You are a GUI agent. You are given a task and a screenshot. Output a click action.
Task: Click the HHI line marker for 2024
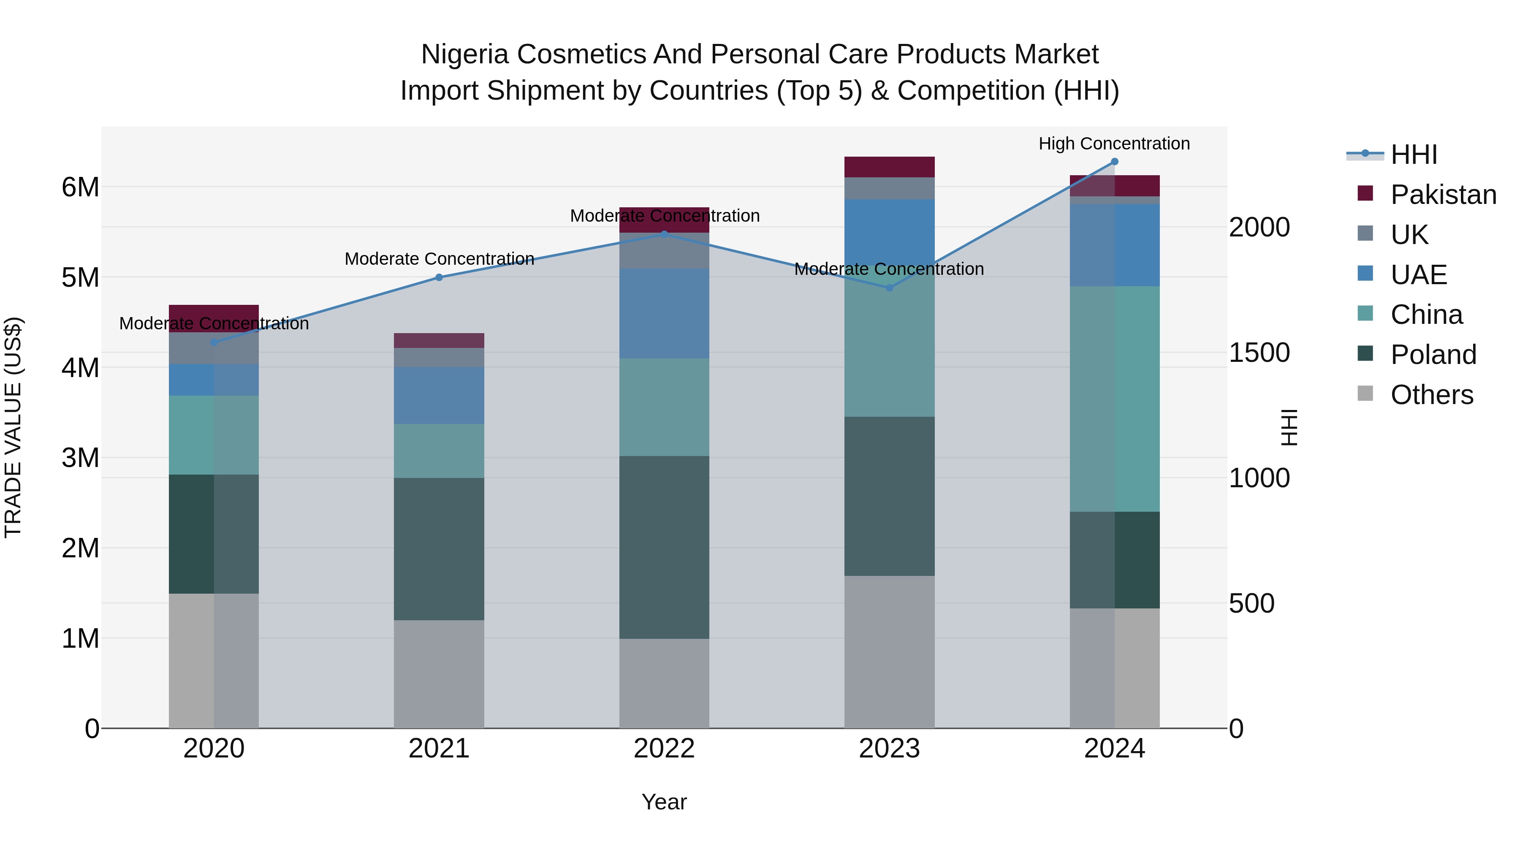click(1114, 162)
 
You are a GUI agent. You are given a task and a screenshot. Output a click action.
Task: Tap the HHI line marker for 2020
click(214, 342)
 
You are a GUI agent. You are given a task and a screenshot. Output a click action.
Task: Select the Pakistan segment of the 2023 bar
click(889, 167)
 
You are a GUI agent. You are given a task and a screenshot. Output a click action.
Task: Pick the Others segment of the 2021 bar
click(439, 674)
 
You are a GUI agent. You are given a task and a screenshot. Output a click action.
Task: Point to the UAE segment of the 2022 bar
click(664, 313)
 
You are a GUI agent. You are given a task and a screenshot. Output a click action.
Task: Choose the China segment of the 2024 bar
click(1114, 399)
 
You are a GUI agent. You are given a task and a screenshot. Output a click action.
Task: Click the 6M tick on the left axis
click(80, 187)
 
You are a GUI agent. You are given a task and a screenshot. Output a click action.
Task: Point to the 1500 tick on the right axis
click(1259, 353)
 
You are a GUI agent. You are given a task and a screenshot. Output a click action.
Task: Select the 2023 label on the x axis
click(889, 749)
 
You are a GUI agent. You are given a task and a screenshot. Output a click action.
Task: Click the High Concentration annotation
click(1114, 144)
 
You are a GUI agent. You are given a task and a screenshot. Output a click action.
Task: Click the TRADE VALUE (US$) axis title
click(13, 427)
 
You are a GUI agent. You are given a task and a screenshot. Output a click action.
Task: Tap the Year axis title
click(664, 802)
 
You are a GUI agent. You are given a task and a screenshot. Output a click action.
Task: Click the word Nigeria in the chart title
click(464, 54)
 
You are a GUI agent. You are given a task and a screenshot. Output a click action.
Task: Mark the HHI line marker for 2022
click(664, 234)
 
